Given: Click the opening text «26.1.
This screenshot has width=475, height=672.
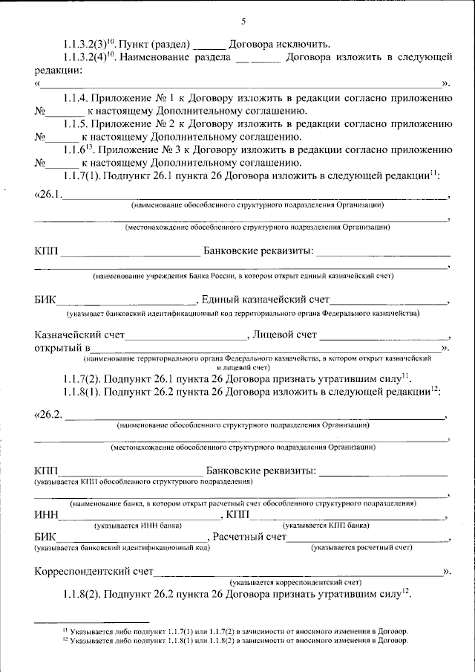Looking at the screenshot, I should (x=48, y=196).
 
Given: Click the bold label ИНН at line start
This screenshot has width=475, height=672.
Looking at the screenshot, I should (x=45, y=515).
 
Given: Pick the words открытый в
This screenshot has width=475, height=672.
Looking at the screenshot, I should (x=62, y=348).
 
